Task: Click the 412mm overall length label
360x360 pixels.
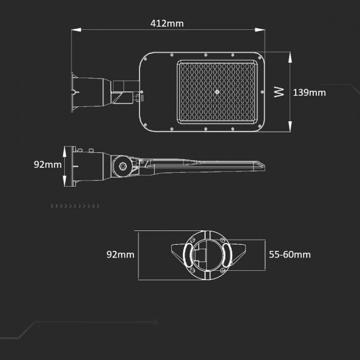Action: (x=167, y=23)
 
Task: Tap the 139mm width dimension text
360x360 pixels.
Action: (x=309, y=92)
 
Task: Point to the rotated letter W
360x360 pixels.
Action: (x=279, y=91)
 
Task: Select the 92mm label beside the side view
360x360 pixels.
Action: (x=48, y=164)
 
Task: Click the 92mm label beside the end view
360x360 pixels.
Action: (x=120, y=255)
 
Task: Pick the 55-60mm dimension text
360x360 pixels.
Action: (x=289, y=255)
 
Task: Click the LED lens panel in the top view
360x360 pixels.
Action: (x=218, y=91)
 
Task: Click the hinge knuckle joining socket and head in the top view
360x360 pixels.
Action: (x=125, y=91)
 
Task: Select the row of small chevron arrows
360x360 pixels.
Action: (x=75, y=206)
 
